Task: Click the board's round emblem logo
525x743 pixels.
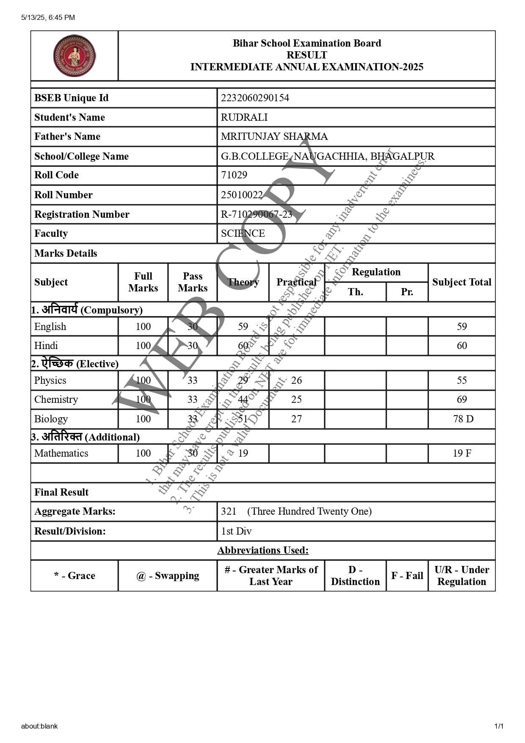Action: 75,55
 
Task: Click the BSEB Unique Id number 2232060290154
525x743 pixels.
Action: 255,98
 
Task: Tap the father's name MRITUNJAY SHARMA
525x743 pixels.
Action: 274,136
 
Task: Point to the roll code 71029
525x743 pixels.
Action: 234,175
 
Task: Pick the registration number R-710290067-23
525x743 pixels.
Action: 256,214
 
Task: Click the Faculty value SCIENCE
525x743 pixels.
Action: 243,233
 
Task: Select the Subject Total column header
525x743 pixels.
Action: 461,282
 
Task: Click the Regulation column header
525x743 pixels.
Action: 376,272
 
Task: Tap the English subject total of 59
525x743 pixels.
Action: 461,327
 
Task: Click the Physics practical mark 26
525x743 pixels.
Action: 296,380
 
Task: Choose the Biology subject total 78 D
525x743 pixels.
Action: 463,419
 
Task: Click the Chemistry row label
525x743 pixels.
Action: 56,399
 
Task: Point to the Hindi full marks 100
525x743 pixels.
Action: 143,346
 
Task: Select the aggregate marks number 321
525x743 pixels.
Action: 229,511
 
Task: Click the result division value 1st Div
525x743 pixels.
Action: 236,531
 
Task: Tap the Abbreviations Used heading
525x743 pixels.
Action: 263,550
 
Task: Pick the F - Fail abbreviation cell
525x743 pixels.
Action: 407,576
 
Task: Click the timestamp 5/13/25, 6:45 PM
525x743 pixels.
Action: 48,17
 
